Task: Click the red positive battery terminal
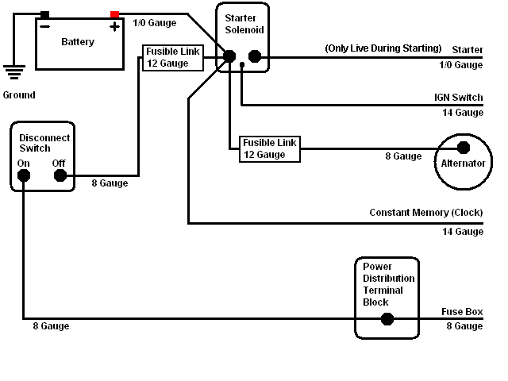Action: (115, 14)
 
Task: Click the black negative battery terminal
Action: (44, 14)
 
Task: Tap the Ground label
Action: (18, 95)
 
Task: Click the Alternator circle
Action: (463, 163)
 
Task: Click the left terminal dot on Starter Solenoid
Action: (229, 56)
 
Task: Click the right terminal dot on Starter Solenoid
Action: (255, 56)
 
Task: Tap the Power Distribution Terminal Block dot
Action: (387, 319)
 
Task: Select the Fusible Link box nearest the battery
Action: (172, 57)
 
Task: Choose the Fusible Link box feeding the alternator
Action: (270, 148)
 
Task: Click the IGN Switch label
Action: (458, 98)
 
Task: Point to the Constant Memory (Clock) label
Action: (426, 213)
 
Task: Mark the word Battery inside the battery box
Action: (78, 42)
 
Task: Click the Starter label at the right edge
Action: (468, 50)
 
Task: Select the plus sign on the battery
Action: (114, 26)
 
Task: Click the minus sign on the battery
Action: (46, 26)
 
